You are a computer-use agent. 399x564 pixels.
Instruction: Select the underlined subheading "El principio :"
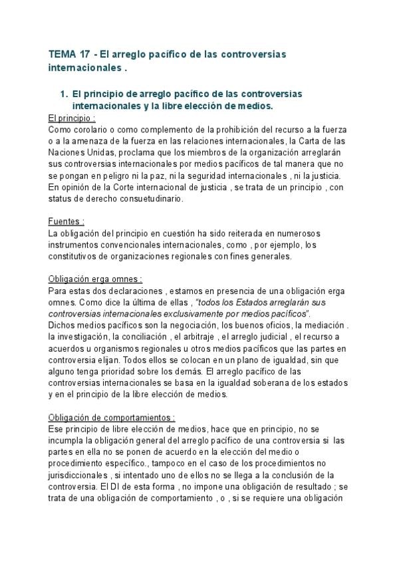tap(72, 118)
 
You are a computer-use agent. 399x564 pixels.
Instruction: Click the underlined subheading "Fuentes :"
tap(66, 220)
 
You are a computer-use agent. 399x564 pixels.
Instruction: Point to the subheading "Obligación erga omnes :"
tap(95, 279)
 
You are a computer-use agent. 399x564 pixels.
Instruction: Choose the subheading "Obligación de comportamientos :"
tap(112, 417)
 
